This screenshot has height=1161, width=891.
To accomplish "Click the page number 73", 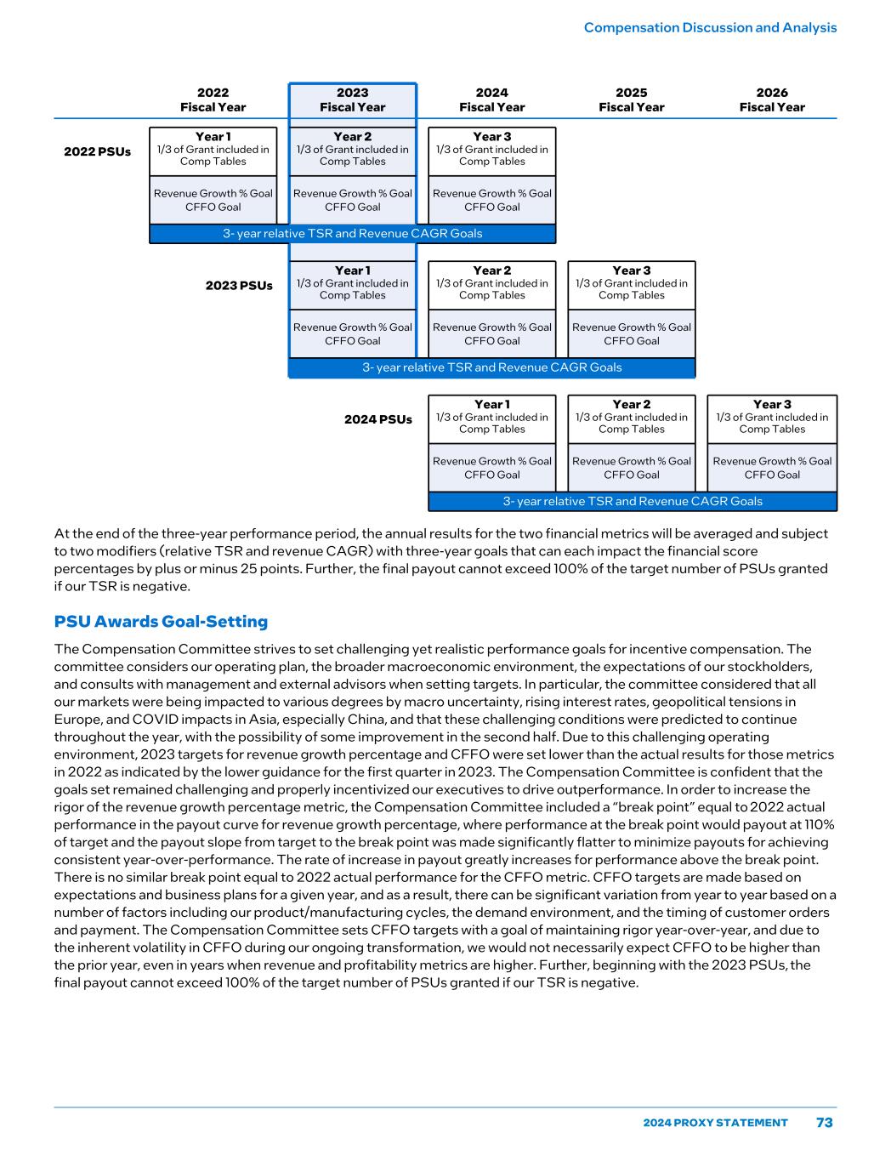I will pos(824,1122).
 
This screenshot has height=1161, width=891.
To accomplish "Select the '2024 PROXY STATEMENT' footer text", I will pos(715,1123).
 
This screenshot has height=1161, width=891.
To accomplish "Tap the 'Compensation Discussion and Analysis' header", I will pos(710,27).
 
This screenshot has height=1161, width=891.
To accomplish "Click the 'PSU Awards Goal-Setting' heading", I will pos(161,621).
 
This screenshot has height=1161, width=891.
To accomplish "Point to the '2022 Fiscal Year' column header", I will pos(213,100).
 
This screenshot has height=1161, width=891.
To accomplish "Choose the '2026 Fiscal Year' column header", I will pos(771,100).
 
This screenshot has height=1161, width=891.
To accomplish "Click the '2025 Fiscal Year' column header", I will pos(631,100).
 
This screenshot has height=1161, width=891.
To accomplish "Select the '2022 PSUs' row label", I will pos(98,151).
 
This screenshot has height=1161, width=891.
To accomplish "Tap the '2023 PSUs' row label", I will pos(239,285).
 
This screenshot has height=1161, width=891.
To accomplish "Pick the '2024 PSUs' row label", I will pos(377,419).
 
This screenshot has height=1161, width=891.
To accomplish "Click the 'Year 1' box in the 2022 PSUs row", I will pos(213,149).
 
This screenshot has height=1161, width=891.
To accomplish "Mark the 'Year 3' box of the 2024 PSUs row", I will pos(771,417).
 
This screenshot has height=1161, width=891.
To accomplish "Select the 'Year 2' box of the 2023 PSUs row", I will pos(491,283).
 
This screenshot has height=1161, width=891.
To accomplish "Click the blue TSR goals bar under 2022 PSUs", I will pos(352,234).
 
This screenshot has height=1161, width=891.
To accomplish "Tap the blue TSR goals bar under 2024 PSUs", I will pos(632,502).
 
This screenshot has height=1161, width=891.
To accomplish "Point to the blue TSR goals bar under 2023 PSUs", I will pos(491,367).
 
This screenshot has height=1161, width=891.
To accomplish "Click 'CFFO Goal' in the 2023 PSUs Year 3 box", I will pos(631,341).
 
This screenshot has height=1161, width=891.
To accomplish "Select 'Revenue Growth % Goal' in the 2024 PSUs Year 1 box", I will pos(491,461).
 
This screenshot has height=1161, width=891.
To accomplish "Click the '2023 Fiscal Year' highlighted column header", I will pos(352,100).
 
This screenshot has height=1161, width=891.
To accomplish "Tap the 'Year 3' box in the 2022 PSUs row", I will pos(491,149).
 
